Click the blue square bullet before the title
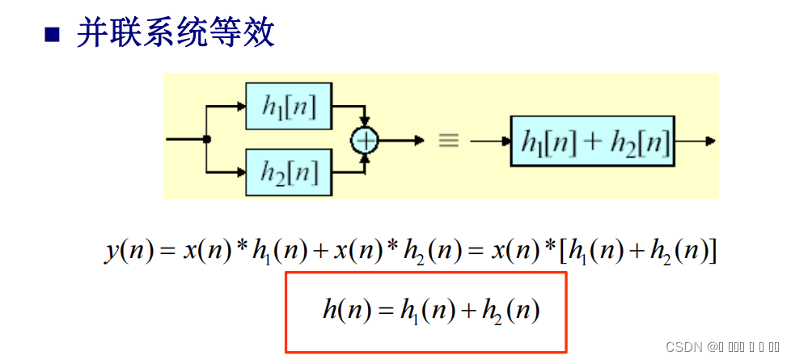tap(53, 33)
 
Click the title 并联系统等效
tap(176, 33)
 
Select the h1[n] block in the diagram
tap(289, 106)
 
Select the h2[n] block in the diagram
tap(289, 172)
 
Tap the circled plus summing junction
tap(365, 140)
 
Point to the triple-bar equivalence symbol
tap(448, 140)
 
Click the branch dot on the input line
tap(207, 139)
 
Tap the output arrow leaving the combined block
tap(708, 141)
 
